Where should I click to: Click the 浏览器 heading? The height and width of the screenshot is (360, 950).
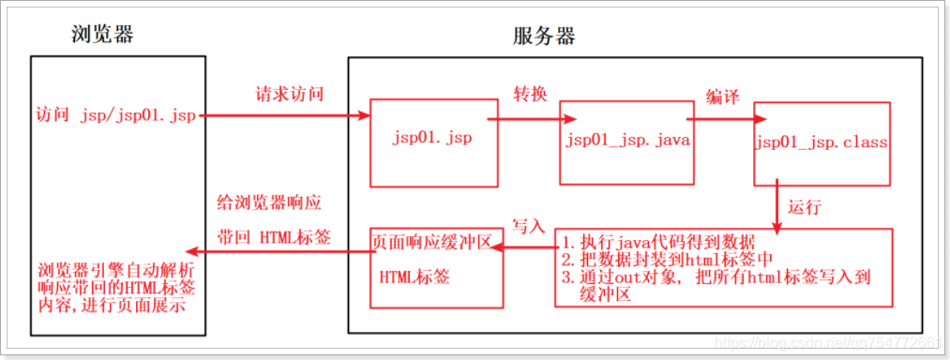point(102,35)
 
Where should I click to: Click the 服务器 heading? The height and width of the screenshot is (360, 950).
point(545,37)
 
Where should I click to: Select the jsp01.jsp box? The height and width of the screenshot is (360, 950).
point(433,140)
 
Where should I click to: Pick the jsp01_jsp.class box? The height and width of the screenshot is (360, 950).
point(822,143)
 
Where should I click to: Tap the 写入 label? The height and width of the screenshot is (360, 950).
point(528,227)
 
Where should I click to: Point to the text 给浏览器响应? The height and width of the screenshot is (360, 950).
point(271,203)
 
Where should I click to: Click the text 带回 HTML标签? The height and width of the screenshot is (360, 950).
point(274,235)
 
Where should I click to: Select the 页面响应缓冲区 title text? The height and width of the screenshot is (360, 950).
point(432,241)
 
